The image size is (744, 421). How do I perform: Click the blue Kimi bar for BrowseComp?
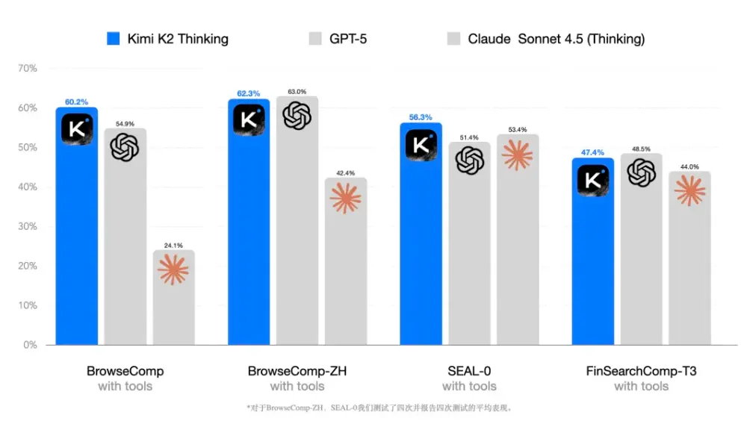pyautogui.click(x=77, y=239)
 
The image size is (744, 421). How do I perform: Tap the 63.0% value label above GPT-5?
pyautogui.click(x=297, y=92)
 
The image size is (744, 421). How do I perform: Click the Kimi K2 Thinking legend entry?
pyautogui.click(x=168, y=39)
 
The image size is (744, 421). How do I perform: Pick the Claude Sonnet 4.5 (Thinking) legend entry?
pyautogui.click(x=545, y=39)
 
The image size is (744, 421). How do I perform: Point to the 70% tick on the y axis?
pyautogui.click(x=28, y=69)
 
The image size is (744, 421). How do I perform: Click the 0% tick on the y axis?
pyautogui.click(x=30, y=345)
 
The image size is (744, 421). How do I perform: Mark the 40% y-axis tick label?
pyautogui.click(x=28, y=187)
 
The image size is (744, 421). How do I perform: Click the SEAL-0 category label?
pyautogui.click(x=468, y=371)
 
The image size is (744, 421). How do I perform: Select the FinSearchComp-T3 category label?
pyautogui.click(x=641, y=371)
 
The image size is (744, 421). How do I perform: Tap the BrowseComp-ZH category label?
pyautogui.click(x=297, y=371)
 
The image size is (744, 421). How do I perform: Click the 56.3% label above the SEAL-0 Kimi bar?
pyautogui.click(x=421, y=117)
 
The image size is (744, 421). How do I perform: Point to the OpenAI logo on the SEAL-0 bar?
pyautogui.click(x=470, y=160)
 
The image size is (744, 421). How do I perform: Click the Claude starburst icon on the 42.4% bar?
pyautogui.click(x=345, y=199)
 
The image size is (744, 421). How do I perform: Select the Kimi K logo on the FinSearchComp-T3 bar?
pyautogui.click(x=593, y=180)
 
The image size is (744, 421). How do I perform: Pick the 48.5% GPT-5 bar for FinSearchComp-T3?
pyautogui.click(x=641, y=261)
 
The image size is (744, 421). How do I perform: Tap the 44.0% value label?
pyautogui.click(x=689, y=166)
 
